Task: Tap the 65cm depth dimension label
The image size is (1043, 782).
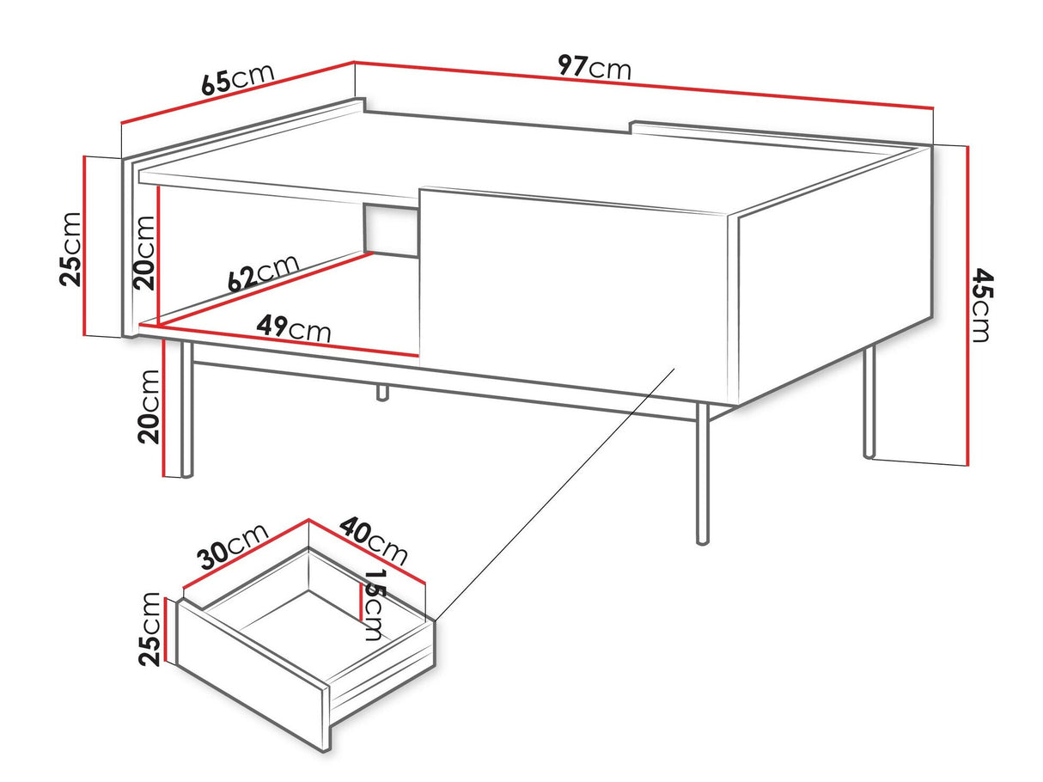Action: (237, 78)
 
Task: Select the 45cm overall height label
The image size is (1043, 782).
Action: (981, 305)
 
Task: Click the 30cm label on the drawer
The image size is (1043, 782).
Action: (234, 547)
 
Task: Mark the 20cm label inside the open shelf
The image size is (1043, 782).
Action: (143, 252)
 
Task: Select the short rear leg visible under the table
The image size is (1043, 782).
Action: (381, 393)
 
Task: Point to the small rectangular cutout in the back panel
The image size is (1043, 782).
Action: (390, 229)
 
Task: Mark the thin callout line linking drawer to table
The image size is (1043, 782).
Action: (550, 498)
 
